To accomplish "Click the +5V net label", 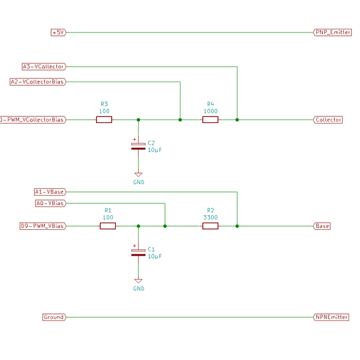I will point(58,32).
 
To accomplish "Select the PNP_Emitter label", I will point(332,32).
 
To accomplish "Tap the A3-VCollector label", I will point(43,67).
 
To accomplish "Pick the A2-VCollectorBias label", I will point(37,82).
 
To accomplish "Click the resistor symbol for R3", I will point(104,120).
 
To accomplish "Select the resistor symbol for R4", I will point(210,120).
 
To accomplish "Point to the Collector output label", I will point(328,120).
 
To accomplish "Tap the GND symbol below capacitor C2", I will point(139,175).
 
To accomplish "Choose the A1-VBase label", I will point(49,192).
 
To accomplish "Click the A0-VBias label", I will point(50,203).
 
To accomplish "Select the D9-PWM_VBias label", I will point(43,226).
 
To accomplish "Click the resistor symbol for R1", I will point(107,226).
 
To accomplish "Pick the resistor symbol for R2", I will point(210,226).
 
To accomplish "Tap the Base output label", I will point(322,226).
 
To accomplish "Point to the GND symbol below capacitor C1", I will point(139,281).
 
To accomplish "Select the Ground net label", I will point(53,317).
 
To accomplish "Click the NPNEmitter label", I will point(331,317).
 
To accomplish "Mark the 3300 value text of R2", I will point(210,217).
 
